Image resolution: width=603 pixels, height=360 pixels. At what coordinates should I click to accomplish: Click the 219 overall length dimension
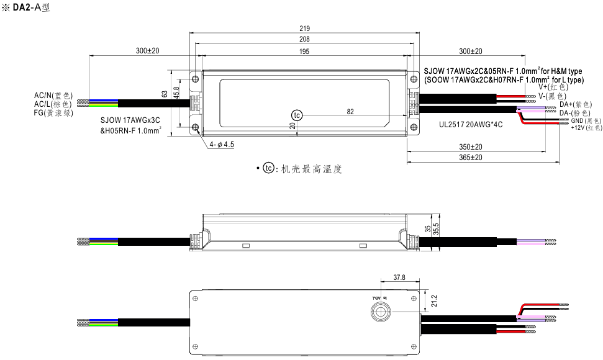coord(304,29)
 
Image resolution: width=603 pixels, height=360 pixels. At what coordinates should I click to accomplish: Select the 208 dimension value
coord(304,39)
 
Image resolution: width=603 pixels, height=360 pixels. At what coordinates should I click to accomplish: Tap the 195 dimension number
coord(304,52)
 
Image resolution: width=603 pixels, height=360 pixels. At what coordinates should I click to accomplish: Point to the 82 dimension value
coord(350,112)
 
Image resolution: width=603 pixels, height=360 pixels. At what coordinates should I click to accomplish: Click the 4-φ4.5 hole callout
coord(222,145)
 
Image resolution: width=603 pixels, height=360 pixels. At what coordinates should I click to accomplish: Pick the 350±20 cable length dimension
coord(471,147)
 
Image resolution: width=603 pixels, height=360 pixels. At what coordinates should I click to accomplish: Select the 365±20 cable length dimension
coord(471,158)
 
